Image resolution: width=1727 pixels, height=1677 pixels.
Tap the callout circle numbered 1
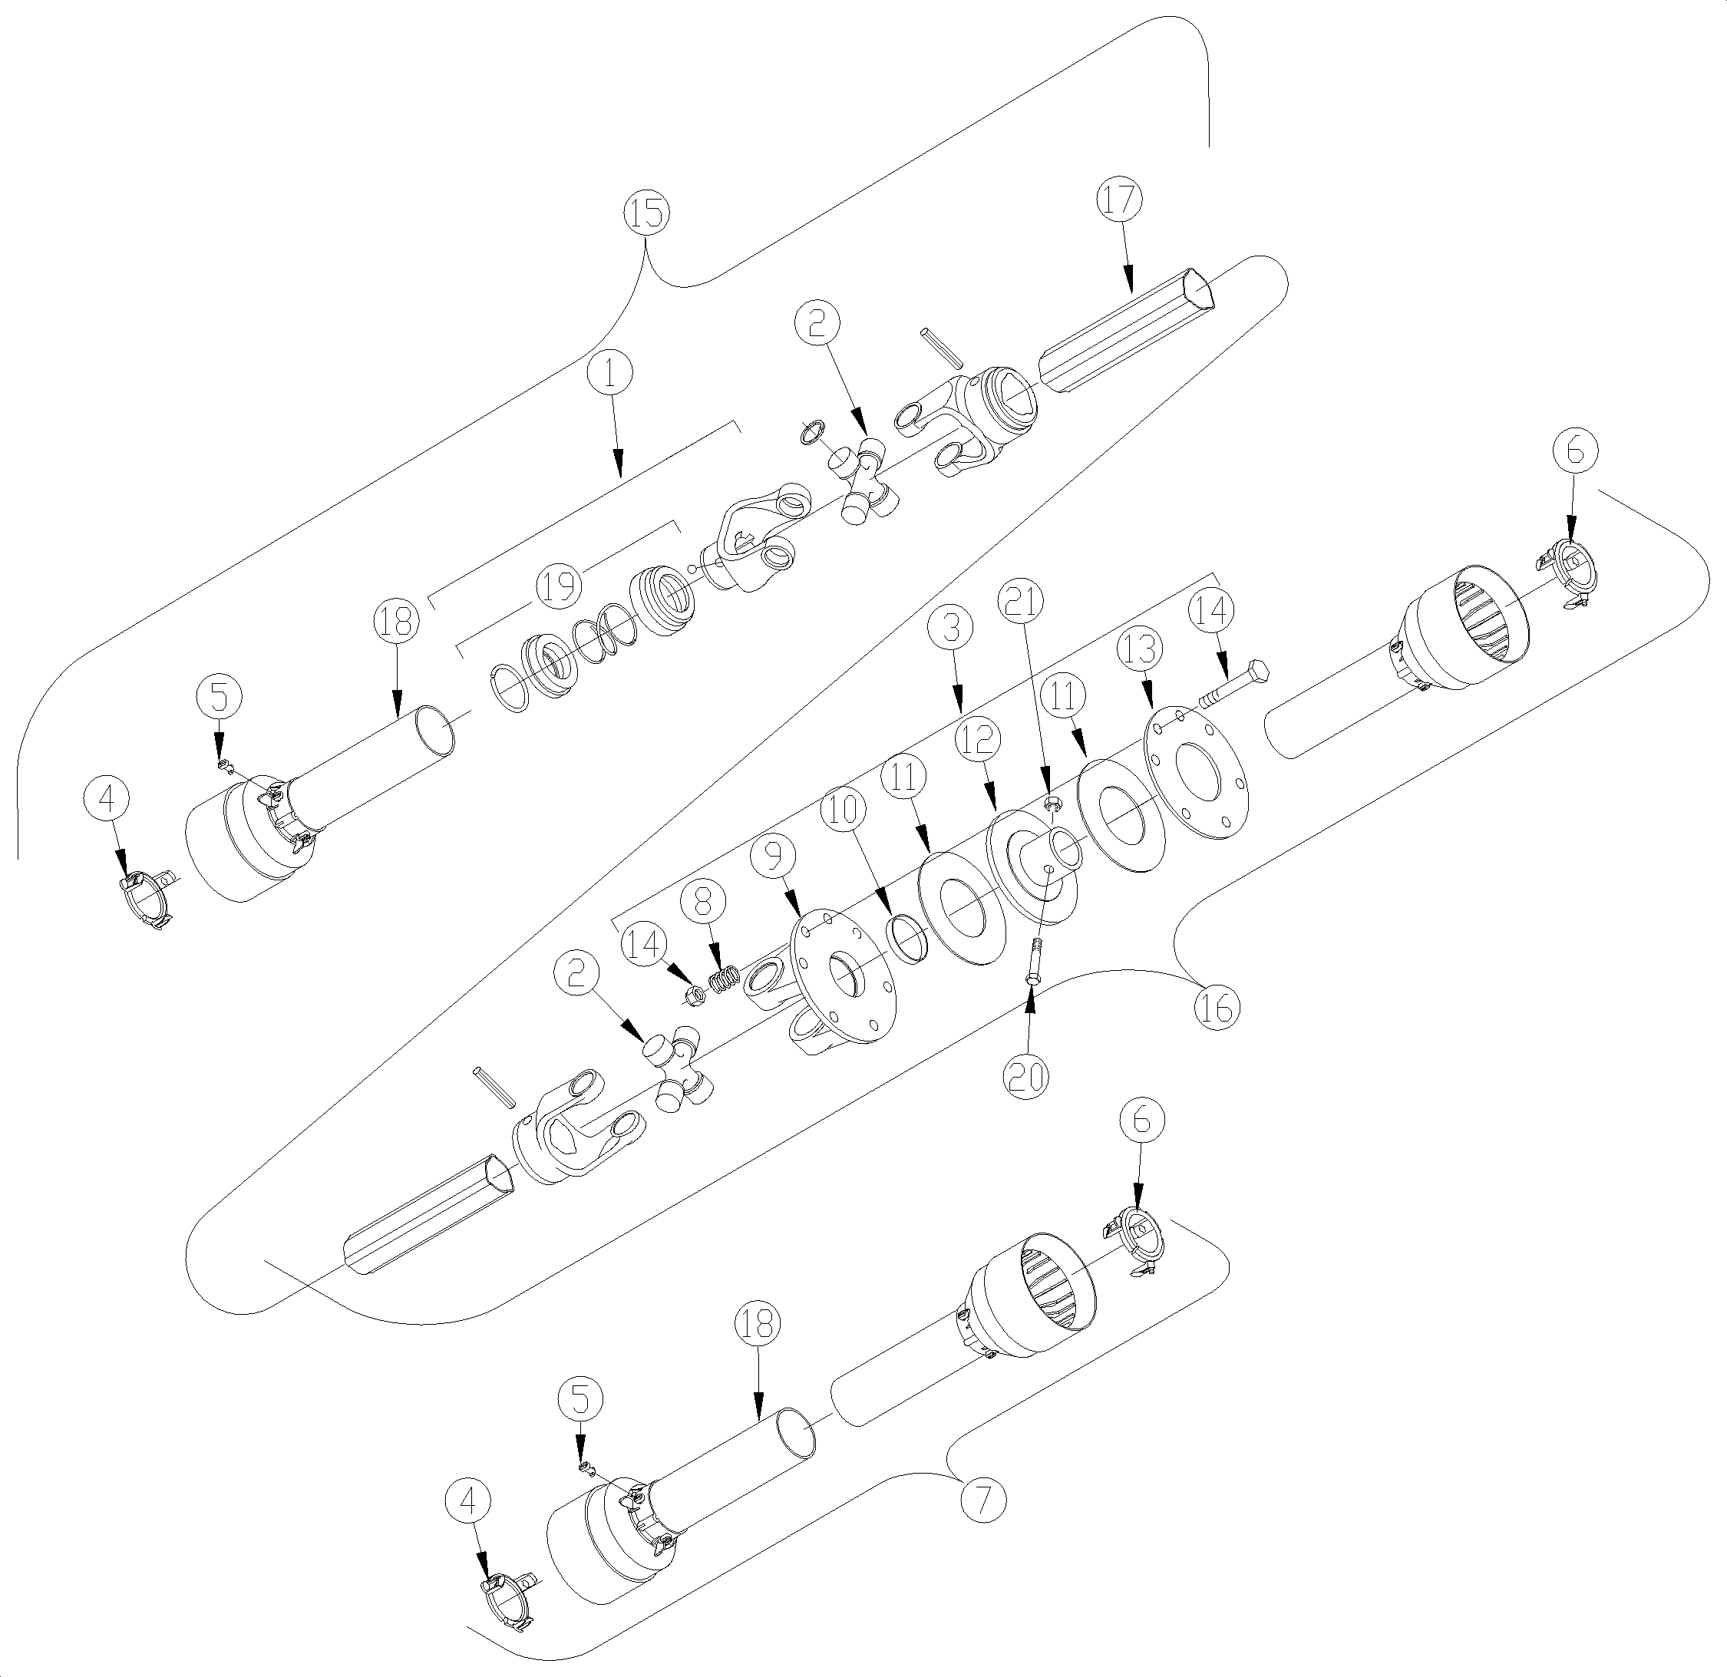[x=612, y=375]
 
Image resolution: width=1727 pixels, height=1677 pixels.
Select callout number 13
[x=1138, y=649]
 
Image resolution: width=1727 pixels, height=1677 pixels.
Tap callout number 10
[x=844, y=809]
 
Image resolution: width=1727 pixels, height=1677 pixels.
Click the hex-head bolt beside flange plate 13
[x=1233, y=685]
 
